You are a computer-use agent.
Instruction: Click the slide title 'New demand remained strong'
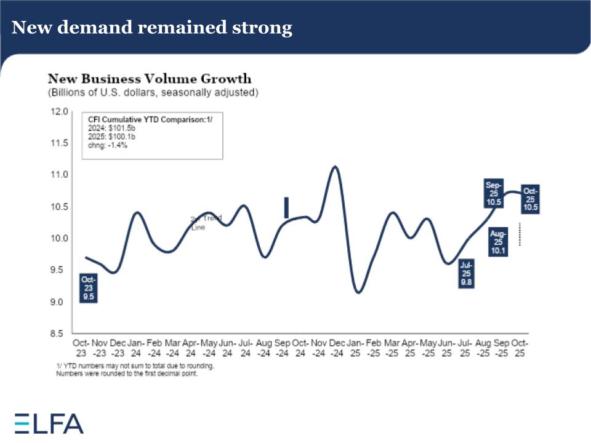click(152, 28)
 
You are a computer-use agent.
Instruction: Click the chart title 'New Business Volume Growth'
click(150, 79)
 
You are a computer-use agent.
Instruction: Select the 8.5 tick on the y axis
click(60, 334)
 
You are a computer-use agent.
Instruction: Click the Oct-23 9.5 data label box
click(89, 288)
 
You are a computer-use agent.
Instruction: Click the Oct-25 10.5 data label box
click(531, 199)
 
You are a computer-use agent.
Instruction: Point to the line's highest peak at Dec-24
click(335, 166)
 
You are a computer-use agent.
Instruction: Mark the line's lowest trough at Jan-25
click(358, 292)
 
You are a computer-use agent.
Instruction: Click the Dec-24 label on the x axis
click(337, 348)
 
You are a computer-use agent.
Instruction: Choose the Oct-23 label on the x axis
click(82, 348)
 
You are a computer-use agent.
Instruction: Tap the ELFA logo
click(49, 423)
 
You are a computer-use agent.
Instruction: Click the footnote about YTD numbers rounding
click(135, 365)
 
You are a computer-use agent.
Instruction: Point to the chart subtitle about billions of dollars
click(153, 92)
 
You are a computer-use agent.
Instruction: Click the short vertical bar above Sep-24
click(286, 207)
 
